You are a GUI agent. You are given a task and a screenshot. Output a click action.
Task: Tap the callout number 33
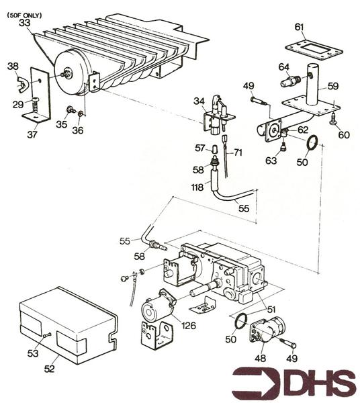tap(25, 22)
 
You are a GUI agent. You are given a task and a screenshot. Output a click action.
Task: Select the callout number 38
tap(13, 66)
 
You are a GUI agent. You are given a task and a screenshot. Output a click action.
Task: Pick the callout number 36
tap(78, 130)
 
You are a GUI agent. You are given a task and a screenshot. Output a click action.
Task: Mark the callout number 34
tap(199, 102)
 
